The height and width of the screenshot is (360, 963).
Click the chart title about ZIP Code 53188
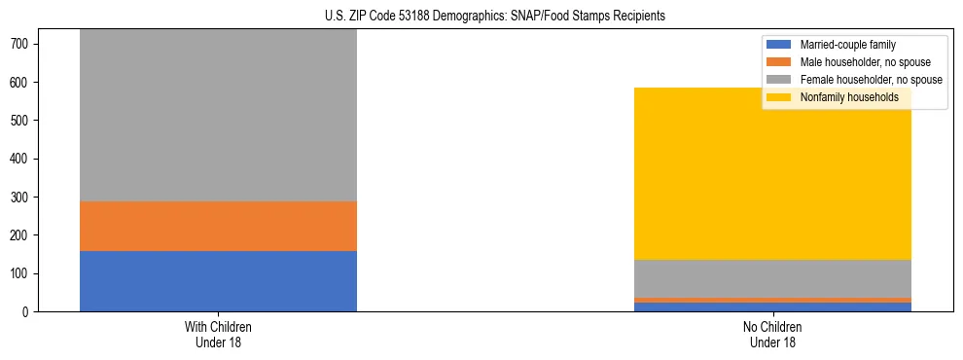(495, 17)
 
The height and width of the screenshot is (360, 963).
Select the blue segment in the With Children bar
(218, 281)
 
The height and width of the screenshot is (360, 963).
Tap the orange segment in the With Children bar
(218, 226)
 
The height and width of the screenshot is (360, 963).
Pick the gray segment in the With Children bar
(218, 115)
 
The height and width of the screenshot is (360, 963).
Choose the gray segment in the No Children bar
(772, 278)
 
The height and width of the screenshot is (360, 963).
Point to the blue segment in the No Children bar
(772, 307)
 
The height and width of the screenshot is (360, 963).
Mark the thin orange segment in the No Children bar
(772, 300)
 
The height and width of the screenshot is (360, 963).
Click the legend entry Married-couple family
(847, 45)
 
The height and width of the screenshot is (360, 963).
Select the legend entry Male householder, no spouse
(865, 62)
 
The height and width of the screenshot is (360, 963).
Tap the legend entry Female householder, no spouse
(870, 80)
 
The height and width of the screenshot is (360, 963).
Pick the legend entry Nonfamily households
(848, 97)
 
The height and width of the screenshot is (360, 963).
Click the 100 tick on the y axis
(23, 273)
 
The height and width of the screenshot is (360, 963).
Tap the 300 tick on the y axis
(23, 198)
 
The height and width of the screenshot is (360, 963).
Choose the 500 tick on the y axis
(23, 121)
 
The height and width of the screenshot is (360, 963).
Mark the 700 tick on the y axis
(23, 44)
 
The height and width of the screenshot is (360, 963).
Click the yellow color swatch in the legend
(779, 97)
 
